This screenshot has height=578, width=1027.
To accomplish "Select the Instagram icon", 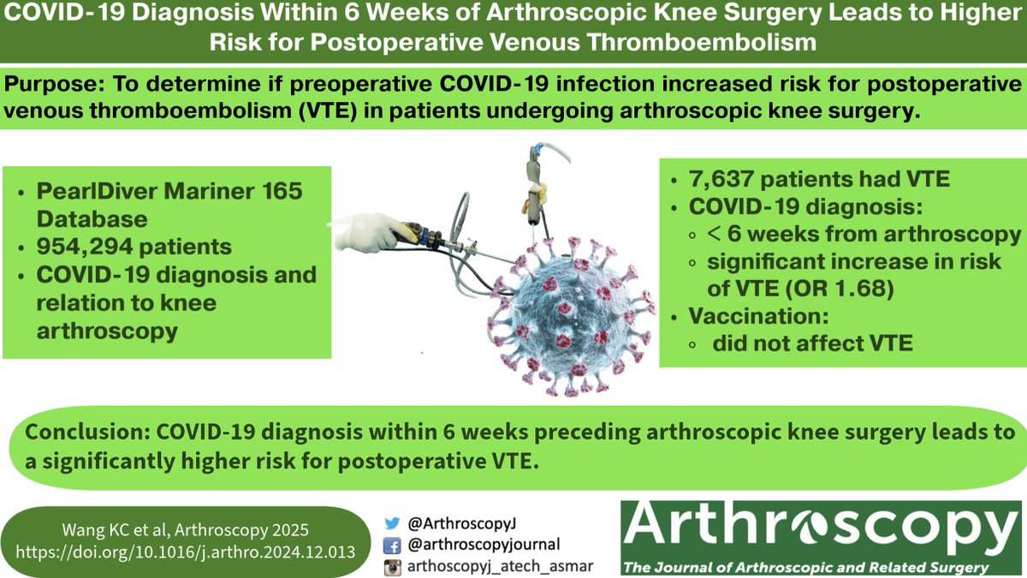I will (394, 564).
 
